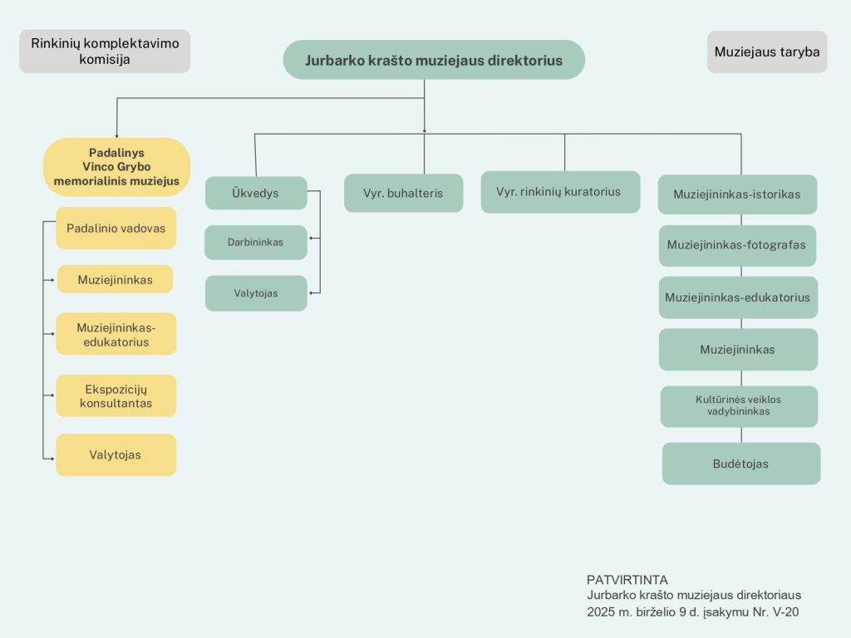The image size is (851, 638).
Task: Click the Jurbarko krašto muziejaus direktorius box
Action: [x=434, y=60]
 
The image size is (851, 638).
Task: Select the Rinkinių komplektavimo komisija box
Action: [x=105, y=51]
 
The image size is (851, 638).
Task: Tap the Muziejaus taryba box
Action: [x=767, y=52]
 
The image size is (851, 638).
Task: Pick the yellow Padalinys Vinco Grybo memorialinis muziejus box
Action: [x=116, y=166]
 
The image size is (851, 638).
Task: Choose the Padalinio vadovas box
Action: [x=116, y=228]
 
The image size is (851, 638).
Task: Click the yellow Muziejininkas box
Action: [x=115, y=279]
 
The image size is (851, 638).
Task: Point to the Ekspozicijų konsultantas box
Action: [x=116, y=395]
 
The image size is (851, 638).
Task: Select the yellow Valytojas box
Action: [x=116, y=454]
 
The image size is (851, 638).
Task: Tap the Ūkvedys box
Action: [x=256, y=193]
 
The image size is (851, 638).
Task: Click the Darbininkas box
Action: [x=256, y=242]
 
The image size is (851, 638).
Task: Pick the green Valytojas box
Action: [x=256, y=293]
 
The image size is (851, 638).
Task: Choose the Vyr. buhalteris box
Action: [x=403, y=193]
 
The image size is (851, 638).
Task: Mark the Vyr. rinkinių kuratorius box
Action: [x=560, y=192]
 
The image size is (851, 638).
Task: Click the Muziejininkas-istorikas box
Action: [x=737, y=194]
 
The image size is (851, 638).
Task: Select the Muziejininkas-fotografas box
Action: [x=737, y=245]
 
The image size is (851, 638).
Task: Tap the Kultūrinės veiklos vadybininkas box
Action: [x=739, y=406]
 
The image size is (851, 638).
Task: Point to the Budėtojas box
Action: [x=740, y=464]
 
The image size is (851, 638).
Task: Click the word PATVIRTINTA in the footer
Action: [x=627, y=579]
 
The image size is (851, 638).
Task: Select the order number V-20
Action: [x=785, y=612]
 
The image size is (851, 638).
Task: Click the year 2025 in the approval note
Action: [x=600, y=612]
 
